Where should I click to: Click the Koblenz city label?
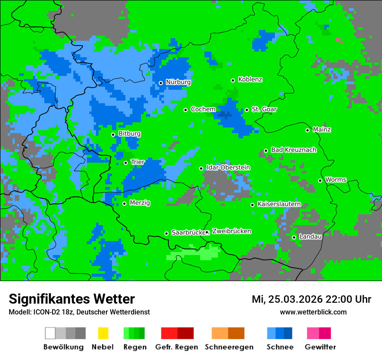point(250,79)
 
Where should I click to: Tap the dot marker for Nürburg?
point(161,83)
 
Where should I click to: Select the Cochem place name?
point(203,109)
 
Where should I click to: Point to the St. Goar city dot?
point(247,110)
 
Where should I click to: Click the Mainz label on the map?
point(322,130)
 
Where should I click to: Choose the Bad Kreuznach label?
point(293,150)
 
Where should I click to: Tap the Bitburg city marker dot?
point(113,134)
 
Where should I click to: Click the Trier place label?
point(137,162)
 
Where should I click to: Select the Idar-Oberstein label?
point(228,167)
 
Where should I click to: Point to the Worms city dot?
point(320,180)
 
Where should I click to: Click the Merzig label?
point(140,203)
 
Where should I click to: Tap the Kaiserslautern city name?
point(279,204)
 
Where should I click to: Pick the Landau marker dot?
point(294,237)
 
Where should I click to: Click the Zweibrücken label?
point(231,231)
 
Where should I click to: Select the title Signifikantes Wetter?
point(72,299)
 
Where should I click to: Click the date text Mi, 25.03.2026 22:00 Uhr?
point(311,299)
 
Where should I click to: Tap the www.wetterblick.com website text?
point(313,312)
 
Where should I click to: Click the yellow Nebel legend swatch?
point(103,333)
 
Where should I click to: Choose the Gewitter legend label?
point(320,347)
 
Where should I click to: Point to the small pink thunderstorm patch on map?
point(339,40)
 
